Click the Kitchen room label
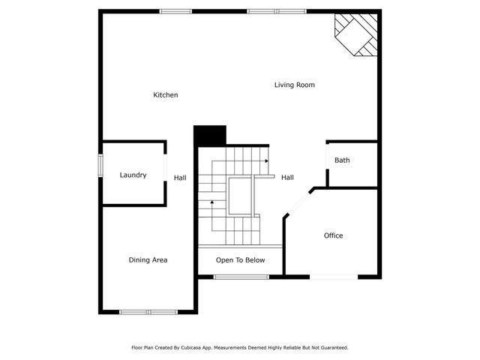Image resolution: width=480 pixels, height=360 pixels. click(166, 95)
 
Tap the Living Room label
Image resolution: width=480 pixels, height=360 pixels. click(294, 85)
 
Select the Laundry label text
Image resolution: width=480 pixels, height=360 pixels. click(133, 175)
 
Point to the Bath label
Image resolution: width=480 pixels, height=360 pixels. click(342, 160)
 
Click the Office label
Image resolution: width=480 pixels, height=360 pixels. click(333, 235)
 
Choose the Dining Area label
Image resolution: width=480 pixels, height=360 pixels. click(148, 260)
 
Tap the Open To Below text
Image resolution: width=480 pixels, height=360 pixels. click(240, 260)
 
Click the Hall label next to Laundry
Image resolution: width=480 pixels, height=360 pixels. click(180, 178)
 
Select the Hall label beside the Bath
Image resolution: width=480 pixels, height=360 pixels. click(287, 178)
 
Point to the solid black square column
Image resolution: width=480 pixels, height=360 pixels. click(210, 136)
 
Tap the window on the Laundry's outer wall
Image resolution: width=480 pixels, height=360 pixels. click(100, 166)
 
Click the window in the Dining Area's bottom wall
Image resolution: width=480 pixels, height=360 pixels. click(148, 312)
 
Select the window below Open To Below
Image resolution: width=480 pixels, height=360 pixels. click(241, 277)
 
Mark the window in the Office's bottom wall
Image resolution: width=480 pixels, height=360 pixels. click(333, 277)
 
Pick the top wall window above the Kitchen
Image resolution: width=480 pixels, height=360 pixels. click(175, 11)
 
